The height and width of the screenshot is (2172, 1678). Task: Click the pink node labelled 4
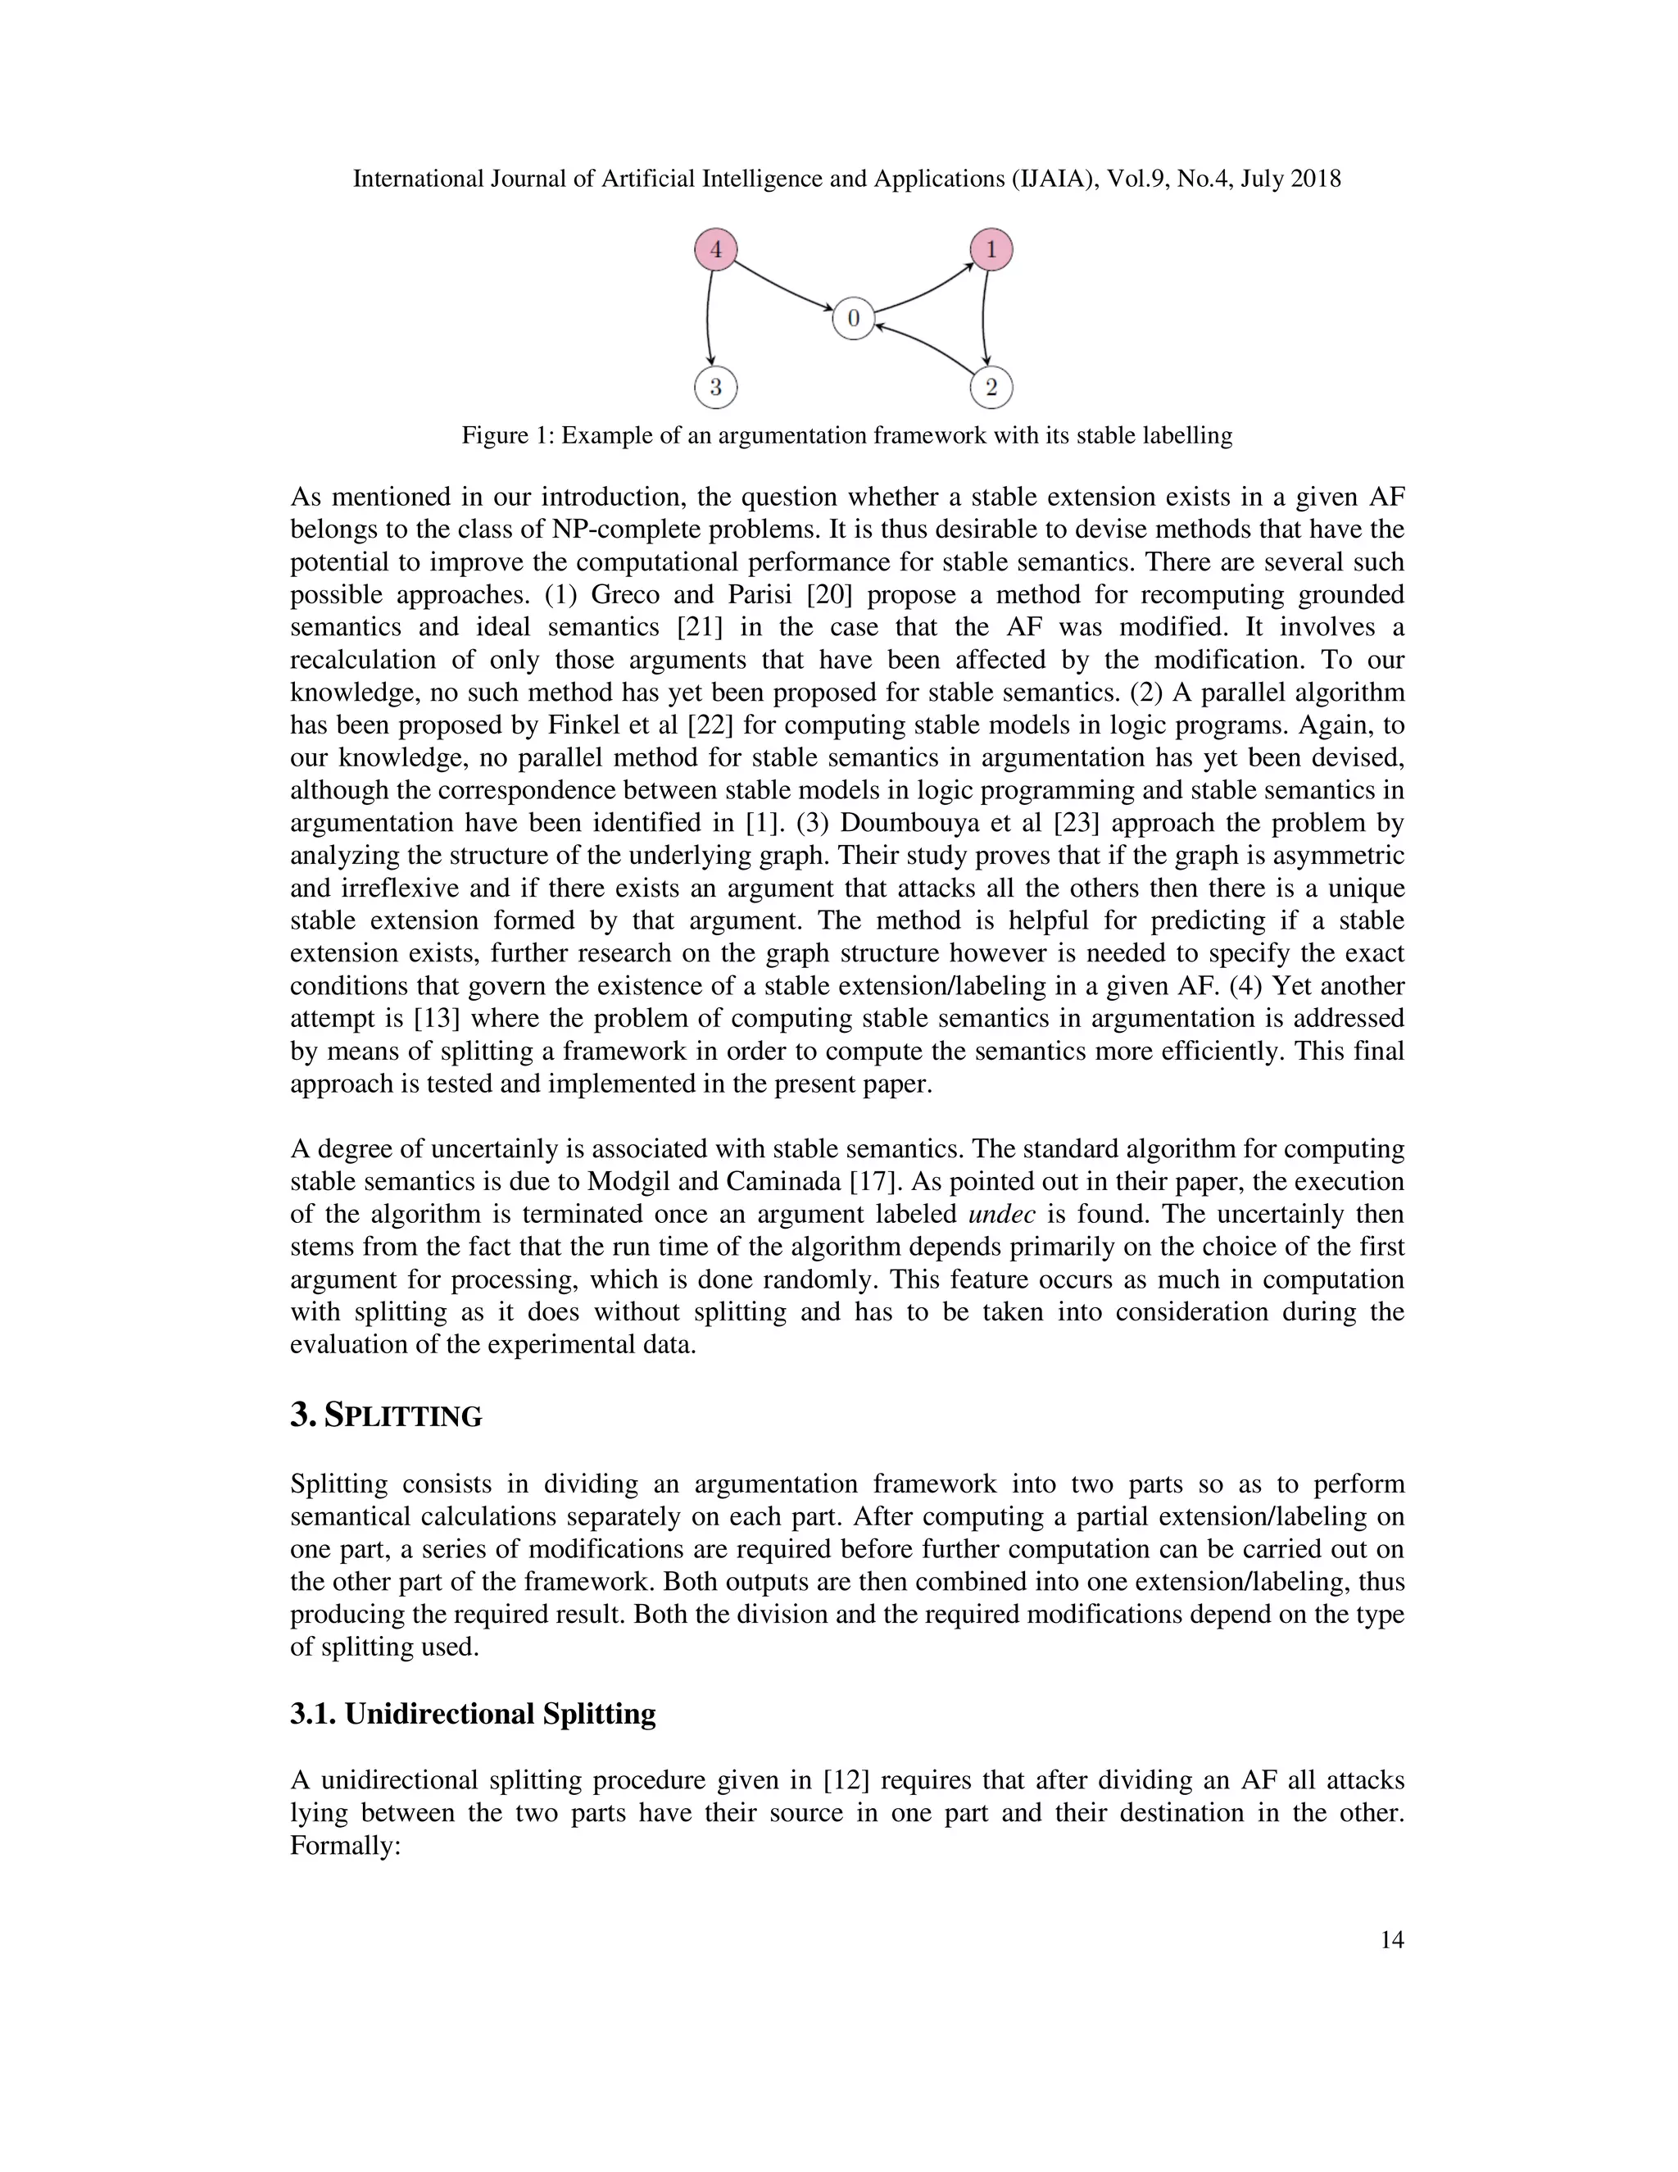(714, 248)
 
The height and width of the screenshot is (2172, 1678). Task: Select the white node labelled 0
(853, 318)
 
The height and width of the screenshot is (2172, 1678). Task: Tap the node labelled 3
(714, 387)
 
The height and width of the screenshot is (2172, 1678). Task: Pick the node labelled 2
(991, 387)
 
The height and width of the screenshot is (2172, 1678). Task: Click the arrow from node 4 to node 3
(708, 318)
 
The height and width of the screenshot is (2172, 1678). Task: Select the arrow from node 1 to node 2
(983, 318)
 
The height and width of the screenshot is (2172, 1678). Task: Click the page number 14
(1392, 1939)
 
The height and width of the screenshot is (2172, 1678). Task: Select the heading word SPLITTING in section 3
(404, 1416)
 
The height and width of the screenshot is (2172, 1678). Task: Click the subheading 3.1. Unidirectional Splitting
(474, 1714)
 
